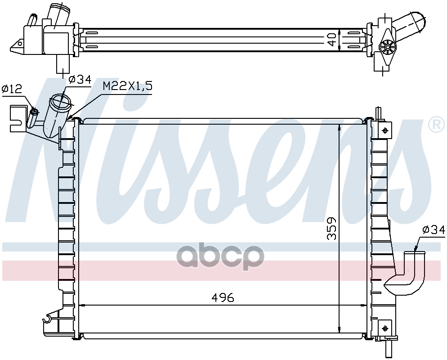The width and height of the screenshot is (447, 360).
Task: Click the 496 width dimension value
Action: [223, 297]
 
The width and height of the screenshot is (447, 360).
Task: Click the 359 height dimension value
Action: [331, 228]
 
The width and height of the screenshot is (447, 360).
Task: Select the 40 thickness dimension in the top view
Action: [331, 39]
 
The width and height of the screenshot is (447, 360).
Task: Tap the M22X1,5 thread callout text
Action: [127, 85]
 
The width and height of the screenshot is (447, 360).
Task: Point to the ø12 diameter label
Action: [12, 89]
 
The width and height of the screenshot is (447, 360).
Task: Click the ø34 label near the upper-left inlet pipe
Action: [80, 79]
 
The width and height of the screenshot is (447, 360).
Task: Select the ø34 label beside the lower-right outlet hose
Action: [434, 229]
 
